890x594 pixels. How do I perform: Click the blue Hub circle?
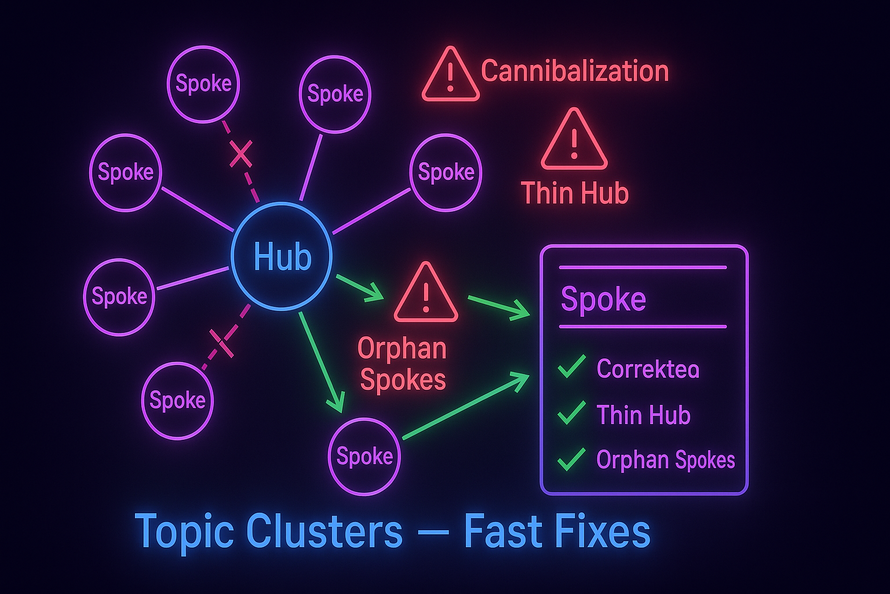coord(282,256)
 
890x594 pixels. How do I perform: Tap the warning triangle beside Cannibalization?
coord(450,75)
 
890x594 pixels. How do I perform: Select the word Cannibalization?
coord(575,71)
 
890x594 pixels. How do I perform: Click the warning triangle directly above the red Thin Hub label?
coord(574,141)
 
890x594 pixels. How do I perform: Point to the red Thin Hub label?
coord(575,193)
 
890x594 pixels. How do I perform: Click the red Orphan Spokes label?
coord(402,364)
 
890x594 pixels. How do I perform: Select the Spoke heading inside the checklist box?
coord(603,299)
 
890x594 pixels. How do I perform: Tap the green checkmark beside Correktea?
coord(571,368)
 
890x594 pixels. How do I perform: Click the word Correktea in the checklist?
coord(648,369)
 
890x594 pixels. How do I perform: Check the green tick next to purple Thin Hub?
coord(571,414)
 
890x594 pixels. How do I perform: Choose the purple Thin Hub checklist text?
coord(643,415)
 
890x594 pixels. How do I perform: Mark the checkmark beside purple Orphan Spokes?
coord(571,459)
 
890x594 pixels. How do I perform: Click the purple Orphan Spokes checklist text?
coord(665,460)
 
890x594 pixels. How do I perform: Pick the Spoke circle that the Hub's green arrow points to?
coord(364,457)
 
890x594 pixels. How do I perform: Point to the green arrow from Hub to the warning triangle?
coord(359,288)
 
